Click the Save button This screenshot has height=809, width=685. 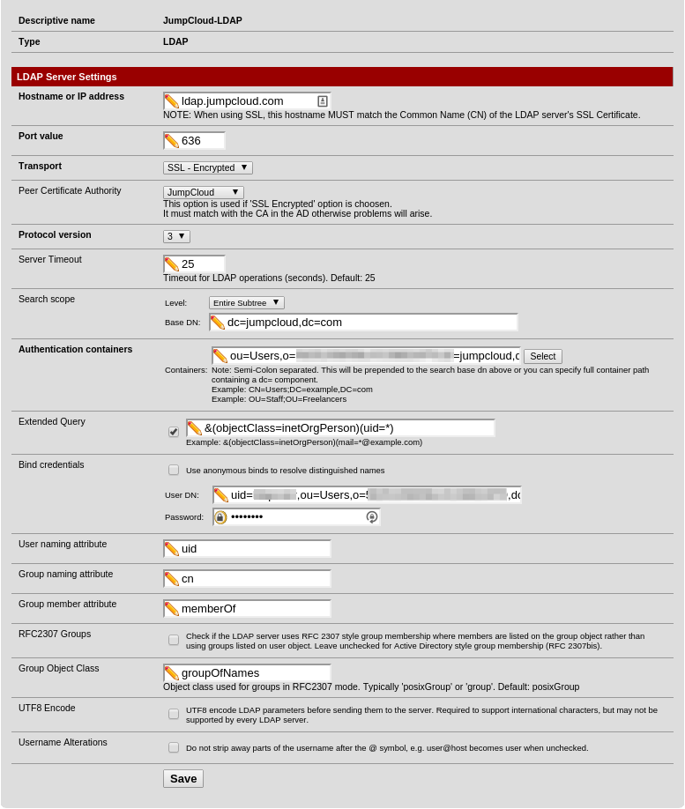pos(183,779)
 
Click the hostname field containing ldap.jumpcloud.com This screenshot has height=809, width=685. pos(247,101)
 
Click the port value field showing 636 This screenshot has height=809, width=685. pos(201,141)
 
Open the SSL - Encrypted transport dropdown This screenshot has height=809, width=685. pos(208,167)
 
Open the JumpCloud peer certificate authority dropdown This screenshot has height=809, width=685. pos(204,192)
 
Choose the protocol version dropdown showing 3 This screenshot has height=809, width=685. pos(176,236)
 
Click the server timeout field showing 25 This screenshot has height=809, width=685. pos(201,264)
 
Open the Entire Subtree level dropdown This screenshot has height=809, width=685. pos(247,302)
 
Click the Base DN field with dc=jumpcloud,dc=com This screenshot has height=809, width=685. pos(370,323)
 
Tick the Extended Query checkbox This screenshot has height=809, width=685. pos(174,432)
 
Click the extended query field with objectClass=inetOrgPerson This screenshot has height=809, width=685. pos(348,428)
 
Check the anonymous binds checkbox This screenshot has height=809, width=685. pos(174,470)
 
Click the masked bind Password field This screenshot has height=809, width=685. pos(296,517)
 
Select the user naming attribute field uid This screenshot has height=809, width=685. pos(254,549)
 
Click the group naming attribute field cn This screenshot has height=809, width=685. pos(254,579)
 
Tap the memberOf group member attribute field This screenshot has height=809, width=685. pos(254,609)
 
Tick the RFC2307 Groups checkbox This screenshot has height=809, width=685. pos(174,640)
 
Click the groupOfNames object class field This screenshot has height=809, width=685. pos(254,673)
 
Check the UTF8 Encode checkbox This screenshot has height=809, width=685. pos(174,714)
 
